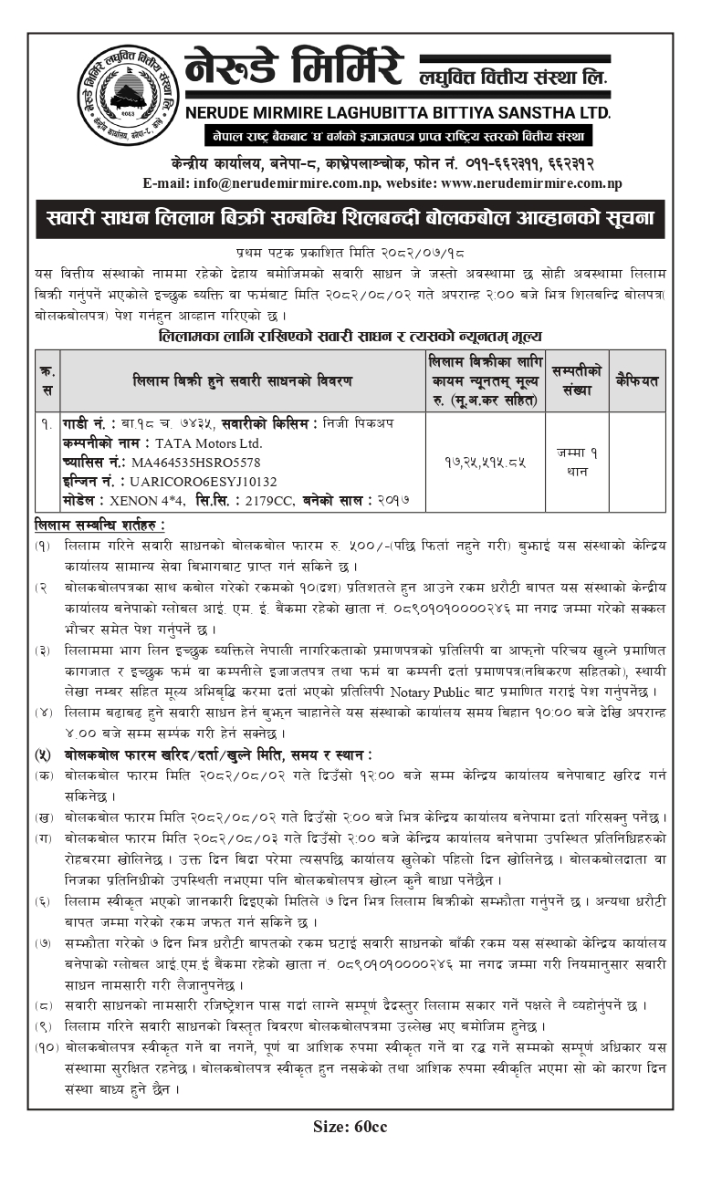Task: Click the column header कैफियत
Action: (x=637, y=380)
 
